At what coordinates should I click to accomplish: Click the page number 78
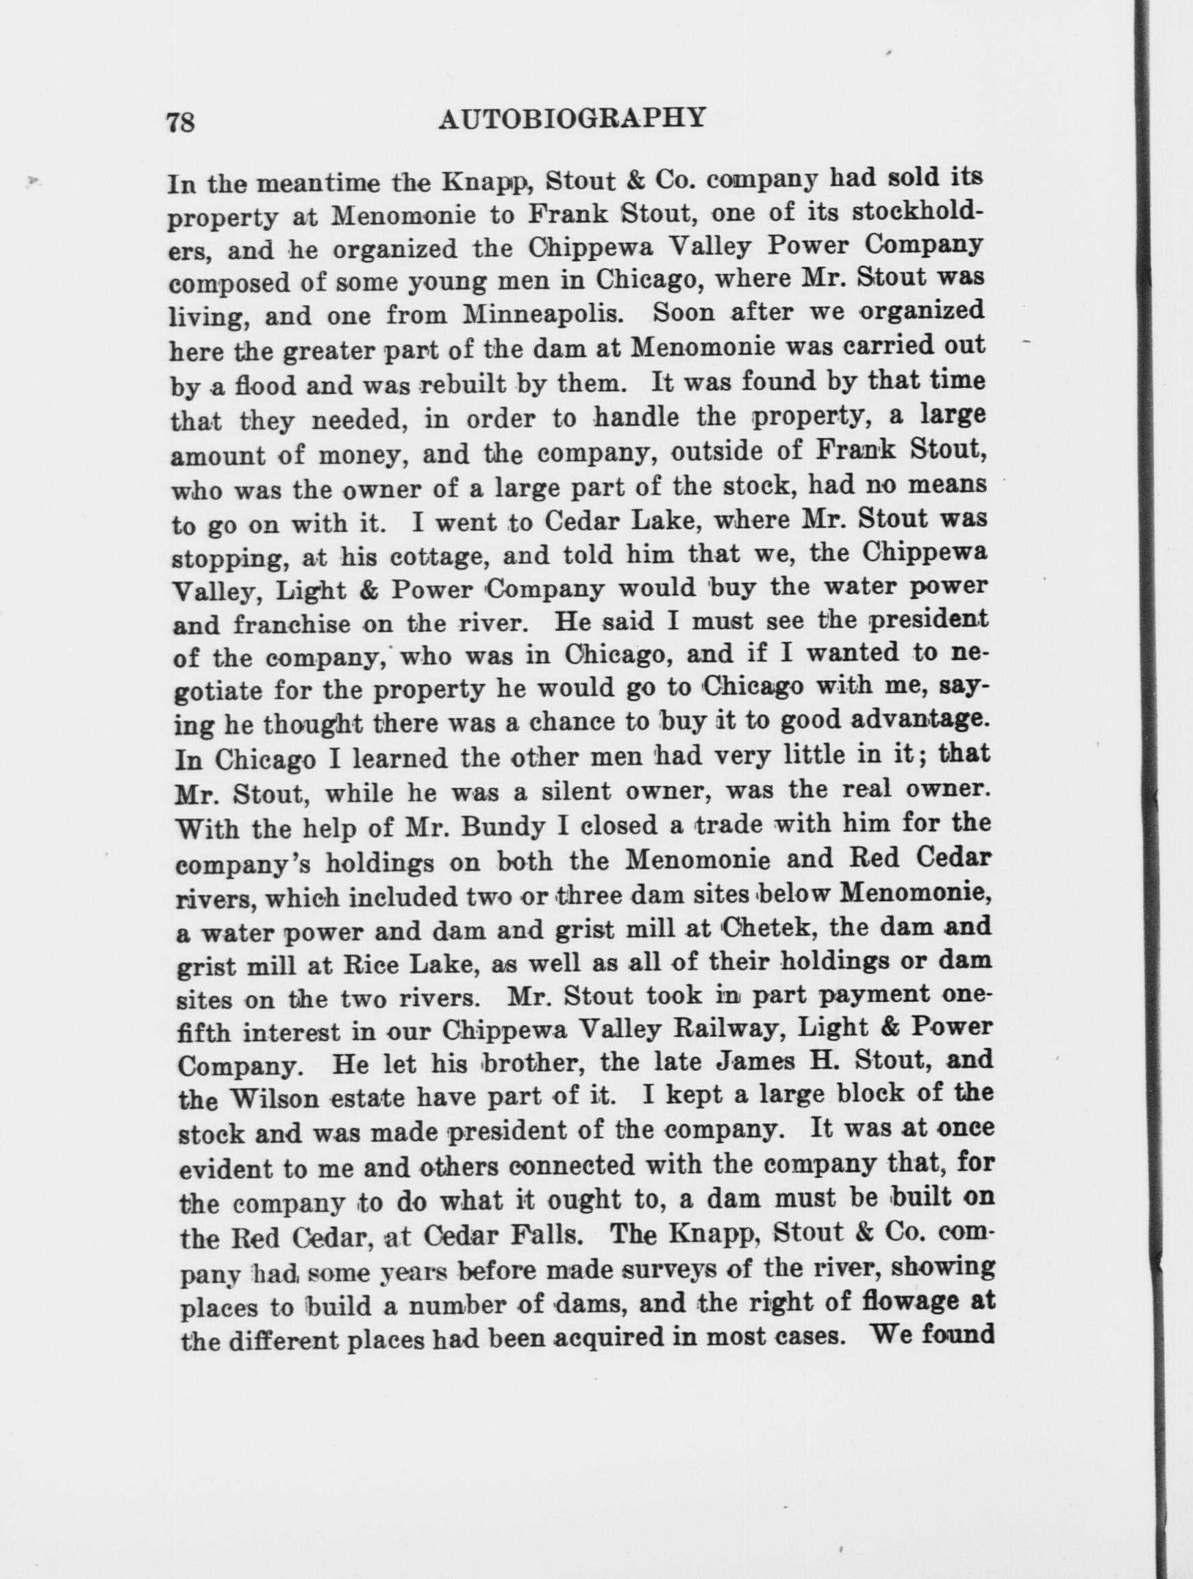click(181, 122)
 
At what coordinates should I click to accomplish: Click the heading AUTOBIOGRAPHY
click(572, 117)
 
